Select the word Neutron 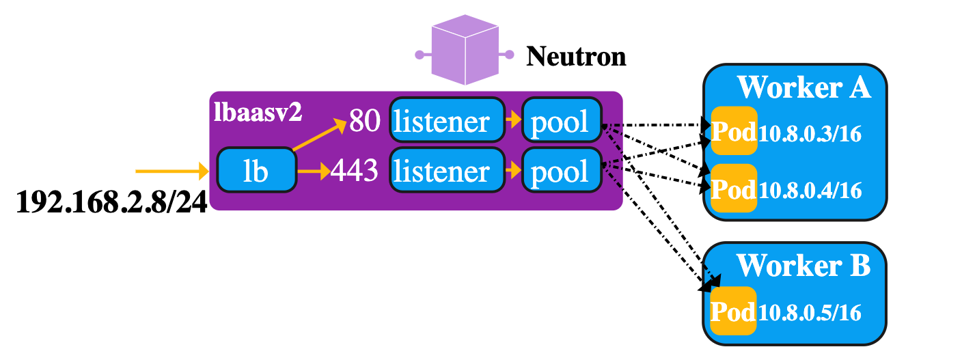click(x=576, y=56)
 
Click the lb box click(x=256, y=171)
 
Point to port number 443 click(x=354, y=171)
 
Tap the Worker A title click(x=803, y=87)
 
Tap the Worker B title click(x=803, y=266)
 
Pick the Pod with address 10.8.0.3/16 click(x=734, y=132)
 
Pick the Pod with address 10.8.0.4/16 click(x=734, y=188)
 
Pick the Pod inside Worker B click(x=734, y=311)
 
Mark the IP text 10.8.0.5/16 click(x=810, y=313)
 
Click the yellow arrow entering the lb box click(x=171, y=170)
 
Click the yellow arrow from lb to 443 click(x=314, y=171)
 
